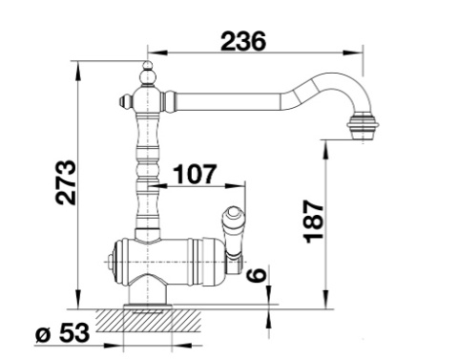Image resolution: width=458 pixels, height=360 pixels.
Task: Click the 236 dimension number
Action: pos(243,41)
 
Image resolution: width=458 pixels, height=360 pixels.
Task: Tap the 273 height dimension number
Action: pos(66,182)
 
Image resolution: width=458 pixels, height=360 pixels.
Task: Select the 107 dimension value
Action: pos(196,174)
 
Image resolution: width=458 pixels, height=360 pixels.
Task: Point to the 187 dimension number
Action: pos(314,222)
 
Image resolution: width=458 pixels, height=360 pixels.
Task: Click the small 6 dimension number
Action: pos(257,275)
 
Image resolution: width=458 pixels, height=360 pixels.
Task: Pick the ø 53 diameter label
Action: pos(63,333)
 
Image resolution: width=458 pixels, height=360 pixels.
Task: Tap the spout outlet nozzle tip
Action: pos(364,128)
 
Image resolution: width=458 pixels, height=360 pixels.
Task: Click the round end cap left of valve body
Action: pos(111,263)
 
